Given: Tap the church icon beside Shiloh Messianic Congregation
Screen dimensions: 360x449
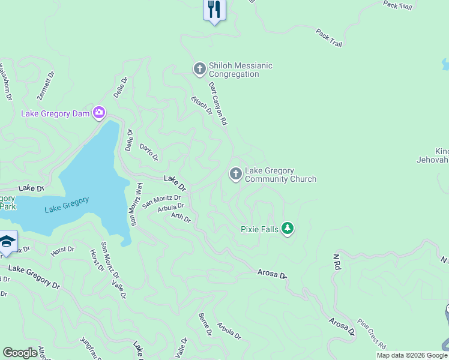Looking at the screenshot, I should (x=200, y=70).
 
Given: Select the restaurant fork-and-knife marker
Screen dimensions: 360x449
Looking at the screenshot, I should (x=214, y=9).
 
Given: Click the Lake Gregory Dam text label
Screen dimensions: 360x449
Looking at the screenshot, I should (x=55, y=113).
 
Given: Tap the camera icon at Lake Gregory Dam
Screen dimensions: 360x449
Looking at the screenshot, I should (x=99, y=113).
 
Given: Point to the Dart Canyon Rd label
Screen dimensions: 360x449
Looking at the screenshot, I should (x=218, y=104).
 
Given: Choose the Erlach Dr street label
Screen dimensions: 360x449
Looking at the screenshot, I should (x=202, y=105).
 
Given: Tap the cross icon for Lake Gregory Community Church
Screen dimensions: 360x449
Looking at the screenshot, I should (x=235, y=174).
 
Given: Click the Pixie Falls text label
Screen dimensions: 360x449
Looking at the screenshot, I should (x=260, y=229).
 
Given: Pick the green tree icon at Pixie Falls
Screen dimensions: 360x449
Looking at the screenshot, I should (x=288, y=229).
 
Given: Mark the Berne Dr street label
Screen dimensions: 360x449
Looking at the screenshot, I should (x=205, y=324).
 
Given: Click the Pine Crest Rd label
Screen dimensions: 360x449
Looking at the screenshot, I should (x=372, y=334).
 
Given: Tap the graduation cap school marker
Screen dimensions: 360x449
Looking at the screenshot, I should (x=7, y=242).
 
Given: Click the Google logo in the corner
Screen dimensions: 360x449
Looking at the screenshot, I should (x=20, y=353).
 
